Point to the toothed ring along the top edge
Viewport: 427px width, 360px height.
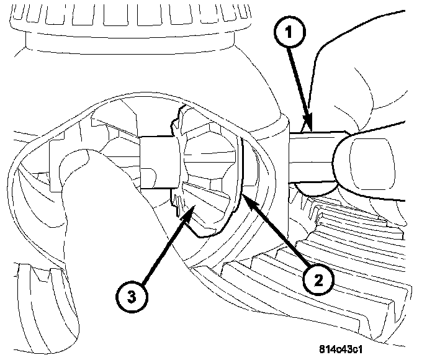click(x=124, y=16)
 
